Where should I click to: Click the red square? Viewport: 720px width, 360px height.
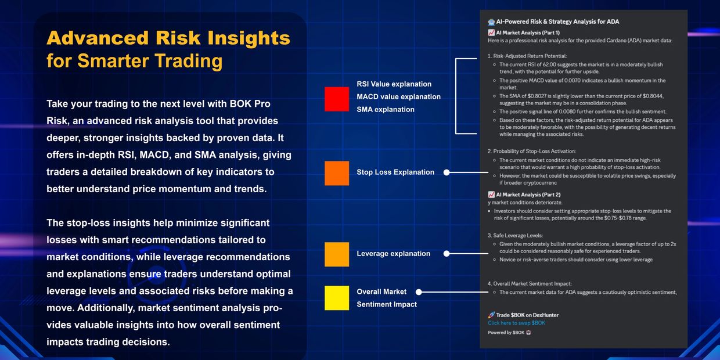[337, 99]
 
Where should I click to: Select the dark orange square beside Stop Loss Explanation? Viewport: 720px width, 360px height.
[337, 173]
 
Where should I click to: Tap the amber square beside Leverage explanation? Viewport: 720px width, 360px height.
[337, 254]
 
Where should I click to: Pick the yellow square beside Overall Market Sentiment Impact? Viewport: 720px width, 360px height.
[337, 298]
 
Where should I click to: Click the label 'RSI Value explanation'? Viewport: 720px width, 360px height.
[394, 84]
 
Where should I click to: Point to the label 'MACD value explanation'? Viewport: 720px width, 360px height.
[398, 97]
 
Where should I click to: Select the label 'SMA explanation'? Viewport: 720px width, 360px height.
[386, 109]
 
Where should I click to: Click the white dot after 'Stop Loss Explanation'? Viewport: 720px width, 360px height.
[447, 172]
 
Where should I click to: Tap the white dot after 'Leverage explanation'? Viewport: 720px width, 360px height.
[447, 254]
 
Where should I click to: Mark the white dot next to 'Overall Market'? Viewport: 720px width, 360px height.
[419, 292]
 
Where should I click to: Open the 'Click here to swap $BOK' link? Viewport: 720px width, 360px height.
[516, 323]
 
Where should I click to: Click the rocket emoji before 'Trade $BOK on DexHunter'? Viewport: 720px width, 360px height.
[491, 315]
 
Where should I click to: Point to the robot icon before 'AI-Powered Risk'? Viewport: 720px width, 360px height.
[491, 22]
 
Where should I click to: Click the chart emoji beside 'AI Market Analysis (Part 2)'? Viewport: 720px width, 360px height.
[491, 195]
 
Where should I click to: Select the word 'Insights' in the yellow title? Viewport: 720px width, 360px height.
[249, 38]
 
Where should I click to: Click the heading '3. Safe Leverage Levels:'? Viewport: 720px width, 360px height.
[515, 236]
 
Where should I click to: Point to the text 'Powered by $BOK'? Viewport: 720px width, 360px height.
[506, 333]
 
